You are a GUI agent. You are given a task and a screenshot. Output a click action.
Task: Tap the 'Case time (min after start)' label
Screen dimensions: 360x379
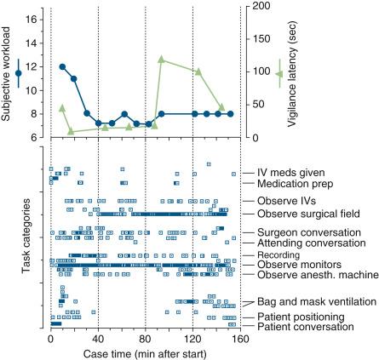[145, 351]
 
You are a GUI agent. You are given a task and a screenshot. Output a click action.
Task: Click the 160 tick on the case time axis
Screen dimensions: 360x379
[240, 336]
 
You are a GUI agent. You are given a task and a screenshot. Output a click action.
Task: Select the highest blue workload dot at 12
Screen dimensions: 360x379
[62, 66]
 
